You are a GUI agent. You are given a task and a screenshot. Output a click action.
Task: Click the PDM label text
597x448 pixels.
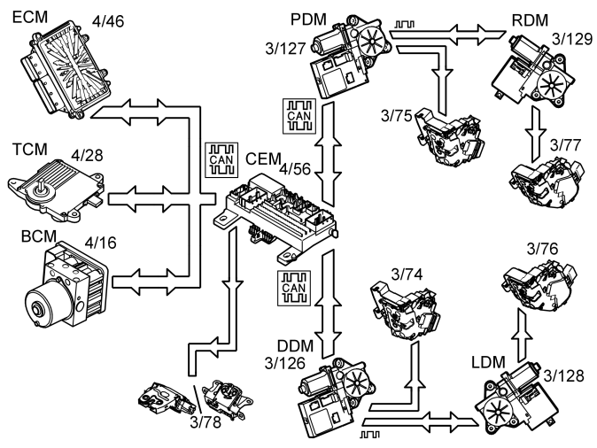307,20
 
